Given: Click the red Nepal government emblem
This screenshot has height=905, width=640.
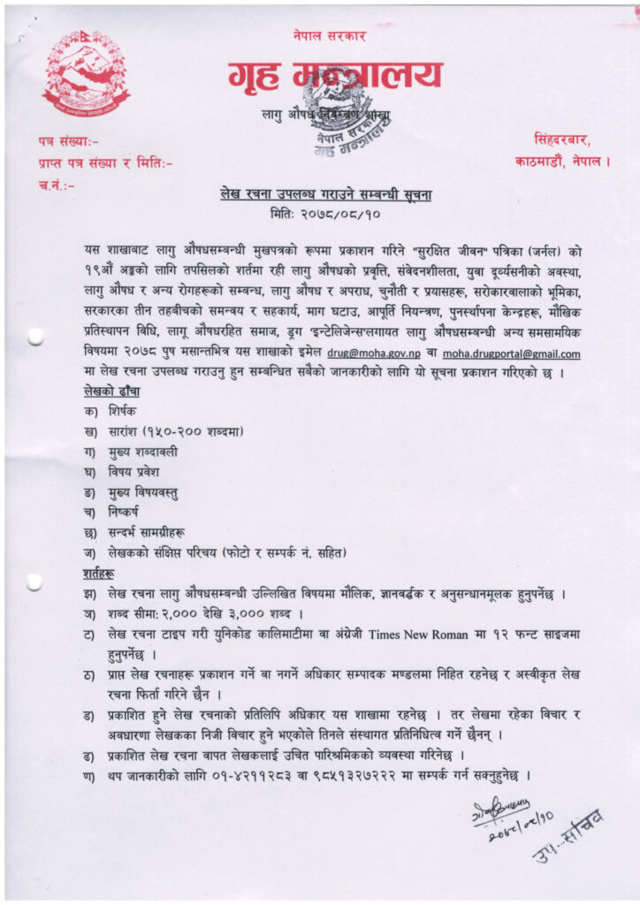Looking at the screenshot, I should click(86, 73).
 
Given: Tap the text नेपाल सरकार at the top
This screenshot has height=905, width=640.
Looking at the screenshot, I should click(329, 35).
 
